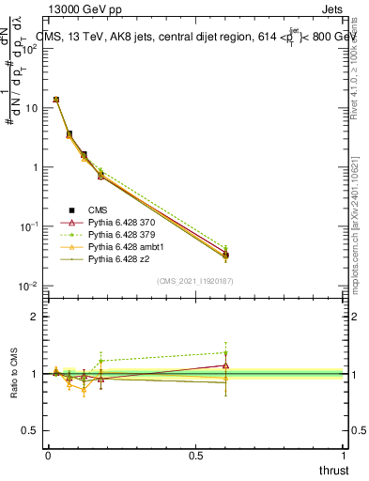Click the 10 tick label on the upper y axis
click(30, 108)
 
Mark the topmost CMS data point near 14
click(56, 100)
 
